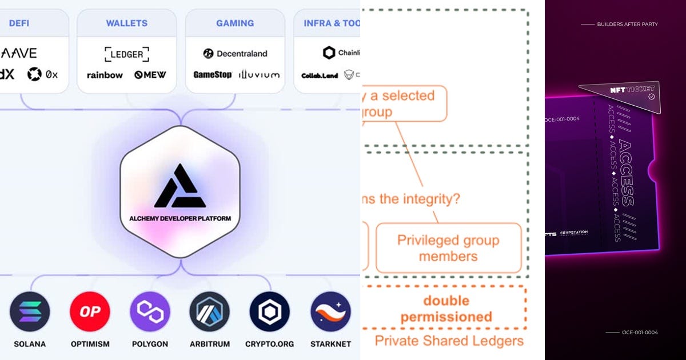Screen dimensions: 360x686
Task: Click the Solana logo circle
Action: [x=30, y=311]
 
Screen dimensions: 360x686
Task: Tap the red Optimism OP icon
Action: [x=90, y=311]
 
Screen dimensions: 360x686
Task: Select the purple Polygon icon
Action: [x=150, y=311]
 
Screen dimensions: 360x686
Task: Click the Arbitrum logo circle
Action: [x=210, y=311]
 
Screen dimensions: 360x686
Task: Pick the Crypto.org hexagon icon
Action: [x=269, y=311]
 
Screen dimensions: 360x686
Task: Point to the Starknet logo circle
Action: [x=330, y=311]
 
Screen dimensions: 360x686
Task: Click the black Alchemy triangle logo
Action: [x=180, y=186]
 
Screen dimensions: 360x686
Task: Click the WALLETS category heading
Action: [x=126, y=23]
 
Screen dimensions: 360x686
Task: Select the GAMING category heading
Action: [x=235, y=23]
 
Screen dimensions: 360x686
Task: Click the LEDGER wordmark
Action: [x=127, y=54]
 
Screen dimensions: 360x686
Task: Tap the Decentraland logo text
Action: [x=236, y=54]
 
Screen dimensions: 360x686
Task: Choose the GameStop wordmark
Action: [x=212, y=75]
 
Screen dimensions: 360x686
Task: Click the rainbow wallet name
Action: [x=105, y=75]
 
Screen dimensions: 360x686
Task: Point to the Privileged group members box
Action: [x=448, y=248]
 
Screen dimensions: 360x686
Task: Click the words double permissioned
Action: [x=446, y=309]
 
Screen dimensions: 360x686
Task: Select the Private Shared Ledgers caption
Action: [x=449, y=341]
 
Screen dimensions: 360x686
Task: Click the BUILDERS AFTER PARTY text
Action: [x=627, y=25]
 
